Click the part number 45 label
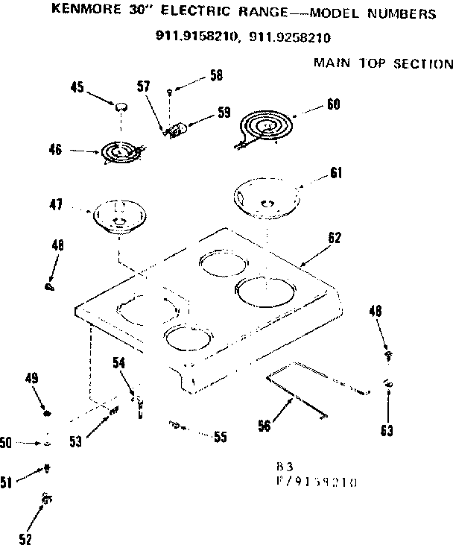77,87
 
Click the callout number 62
335,238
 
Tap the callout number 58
216,75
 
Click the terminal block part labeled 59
177,131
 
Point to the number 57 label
145,86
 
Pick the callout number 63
387,430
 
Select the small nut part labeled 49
48,413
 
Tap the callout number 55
219,438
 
